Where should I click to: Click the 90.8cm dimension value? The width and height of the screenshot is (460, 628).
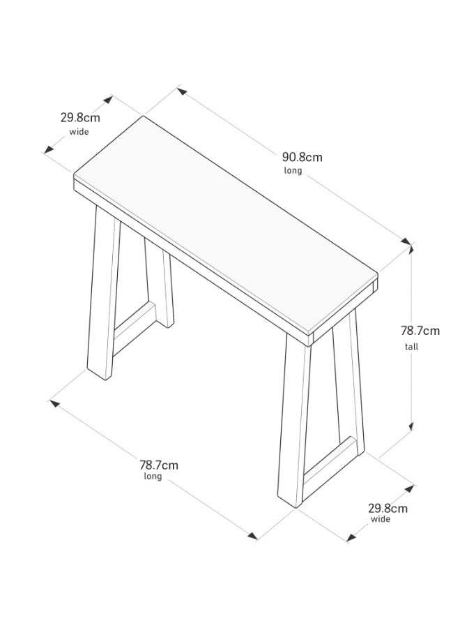coord(302,157)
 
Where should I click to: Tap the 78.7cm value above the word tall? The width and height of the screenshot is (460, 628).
coord(420,331)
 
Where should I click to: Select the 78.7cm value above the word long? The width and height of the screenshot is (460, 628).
coord(159,465)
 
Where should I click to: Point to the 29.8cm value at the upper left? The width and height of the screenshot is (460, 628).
coord(80,118)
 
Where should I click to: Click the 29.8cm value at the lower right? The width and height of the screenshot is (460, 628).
coord(388,509)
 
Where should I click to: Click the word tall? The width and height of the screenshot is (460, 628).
coord(411,346)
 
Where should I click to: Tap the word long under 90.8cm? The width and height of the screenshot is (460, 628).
coord(293,171)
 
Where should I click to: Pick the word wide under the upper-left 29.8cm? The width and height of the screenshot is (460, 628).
coord(79,132)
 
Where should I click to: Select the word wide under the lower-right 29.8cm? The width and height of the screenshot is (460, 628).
coord(380,519)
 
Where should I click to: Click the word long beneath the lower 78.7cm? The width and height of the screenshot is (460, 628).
coord(153,476)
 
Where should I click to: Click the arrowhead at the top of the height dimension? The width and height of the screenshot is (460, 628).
coord(411,248)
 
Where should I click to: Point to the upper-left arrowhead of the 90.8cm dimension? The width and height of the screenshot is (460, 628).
coord(182,91)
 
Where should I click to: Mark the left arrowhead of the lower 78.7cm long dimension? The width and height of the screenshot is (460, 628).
coord(54,403)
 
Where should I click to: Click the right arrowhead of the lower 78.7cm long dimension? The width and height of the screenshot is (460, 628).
coord(252,535)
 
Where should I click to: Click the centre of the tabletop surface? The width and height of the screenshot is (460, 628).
coord(226,226)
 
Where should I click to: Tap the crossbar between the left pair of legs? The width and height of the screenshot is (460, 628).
coord(134,329)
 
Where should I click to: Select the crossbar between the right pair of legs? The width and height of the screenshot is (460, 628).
coord(329,461)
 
